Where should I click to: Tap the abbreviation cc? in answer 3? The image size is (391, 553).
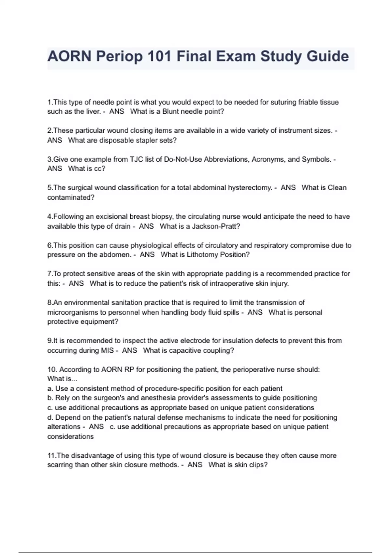pos(100,169)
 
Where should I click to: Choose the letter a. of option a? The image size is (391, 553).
pos(50,388)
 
